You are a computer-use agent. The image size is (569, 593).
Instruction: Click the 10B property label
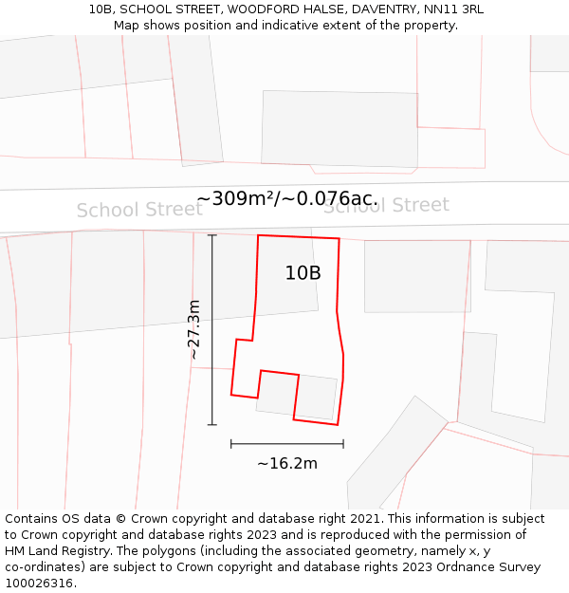pos(303,273)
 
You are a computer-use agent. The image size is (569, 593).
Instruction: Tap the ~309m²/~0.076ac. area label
pos(287,199)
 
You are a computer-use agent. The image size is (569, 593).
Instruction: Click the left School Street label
pos(139,210)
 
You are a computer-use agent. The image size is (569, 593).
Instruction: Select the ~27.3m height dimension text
pos(193,329)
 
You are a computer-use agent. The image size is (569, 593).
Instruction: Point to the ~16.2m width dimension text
pos(286,463)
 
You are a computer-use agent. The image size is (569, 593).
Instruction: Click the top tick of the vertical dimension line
pos(211,235)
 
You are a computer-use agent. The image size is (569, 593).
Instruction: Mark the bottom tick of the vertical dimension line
pos(211,424)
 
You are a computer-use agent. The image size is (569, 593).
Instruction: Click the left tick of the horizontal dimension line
pos(231,443)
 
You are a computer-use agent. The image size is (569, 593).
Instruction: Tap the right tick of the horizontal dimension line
pos(343,443)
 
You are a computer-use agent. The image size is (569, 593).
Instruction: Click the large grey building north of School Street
pos(340,129)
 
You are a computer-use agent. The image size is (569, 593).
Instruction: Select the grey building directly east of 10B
pos(417,275)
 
